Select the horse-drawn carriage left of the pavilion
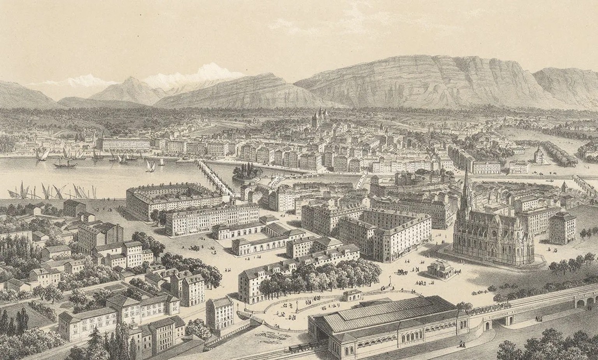point(401,272)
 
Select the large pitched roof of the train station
point(385,314)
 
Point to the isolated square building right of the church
point(562,228)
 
